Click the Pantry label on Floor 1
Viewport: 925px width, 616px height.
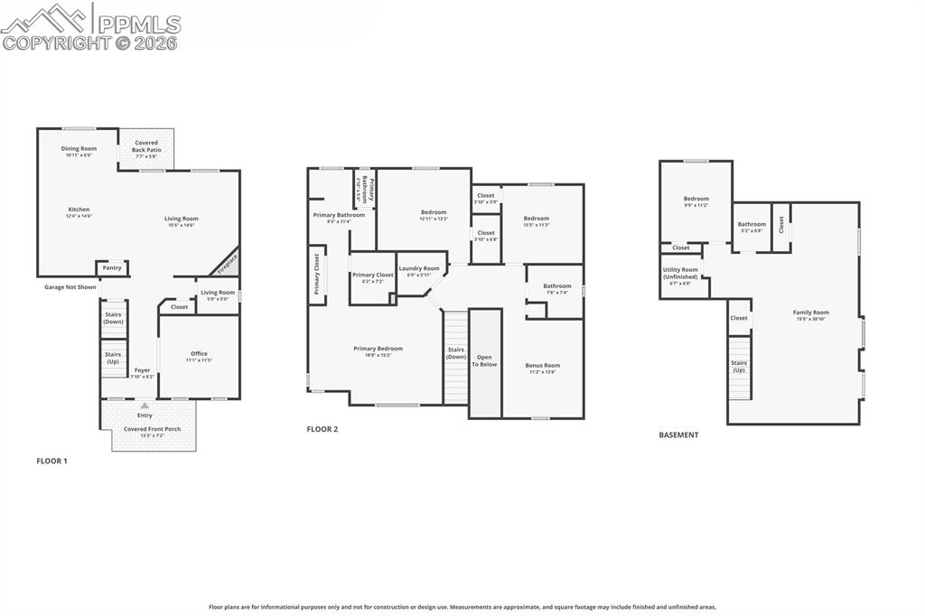112,268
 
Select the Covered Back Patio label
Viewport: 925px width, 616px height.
146,146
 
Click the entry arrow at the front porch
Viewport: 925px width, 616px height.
145,406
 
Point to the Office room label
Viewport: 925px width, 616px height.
199,354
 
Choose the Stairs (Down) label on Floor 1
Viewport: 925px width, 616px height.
113,319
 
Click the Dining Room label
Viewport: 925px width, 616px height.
79,149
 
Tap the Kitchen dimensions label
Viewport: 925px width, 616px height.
79,216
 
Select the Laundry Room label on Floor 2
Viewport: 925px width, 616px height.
419,268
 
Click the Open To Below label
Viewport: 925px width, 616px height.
485,360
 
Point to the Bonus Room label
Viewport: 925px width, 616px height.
542,365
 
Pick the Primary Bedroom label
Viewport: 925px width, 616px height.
378,349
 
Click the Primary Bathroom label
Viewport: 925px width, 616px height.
339,215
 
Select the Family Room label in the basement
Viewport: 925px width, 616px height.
811,313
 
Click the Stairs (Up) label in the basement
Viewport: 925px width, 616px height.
739,366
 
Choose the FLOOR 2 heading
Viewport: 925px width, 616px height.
322,429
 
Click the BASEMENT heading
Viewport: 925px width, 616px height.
678,434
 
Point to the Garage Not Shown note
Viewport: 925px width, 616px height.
70,287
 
